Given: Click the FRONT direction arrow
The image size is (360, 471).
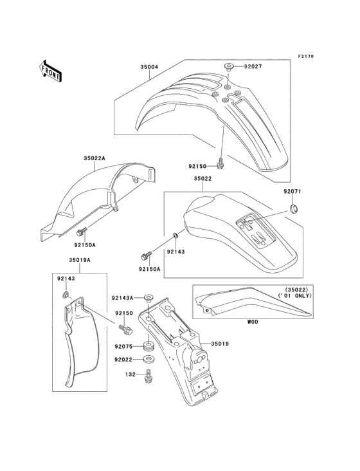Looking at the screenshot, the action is pos(50,71).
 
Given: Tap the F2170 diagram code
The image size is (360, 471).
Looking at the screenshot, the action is pos(306,56).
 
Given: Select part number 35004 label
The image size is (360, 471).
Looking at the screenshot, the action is pos(149,67).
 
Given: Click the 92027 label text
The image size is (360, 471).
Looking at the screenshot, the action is pos(253,66).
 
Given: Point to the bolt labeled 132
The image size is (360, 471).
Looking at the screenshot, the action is pos(148,376).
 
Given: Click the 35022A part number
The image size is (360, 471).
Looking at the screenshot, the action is pos(94,158).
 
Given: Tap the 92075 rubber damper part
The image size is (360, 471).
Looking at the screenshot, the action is pos(148,346).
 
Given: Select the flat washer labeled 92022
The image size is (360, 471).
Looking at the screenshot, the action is pos(148,359).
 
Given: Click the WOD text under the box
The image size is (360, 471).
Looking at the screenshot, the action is pos(252,322).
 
